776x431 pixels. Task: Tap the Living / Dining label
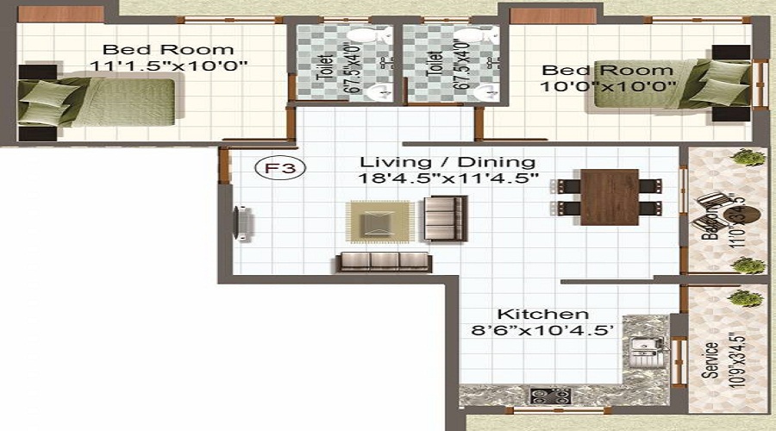447,162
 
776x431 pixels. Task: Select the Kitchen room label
543,315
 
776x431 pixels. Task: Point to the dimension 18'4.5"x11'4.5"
449,179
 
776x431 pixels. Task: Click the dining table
609,197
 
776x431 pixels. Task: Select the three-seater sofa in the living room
385,261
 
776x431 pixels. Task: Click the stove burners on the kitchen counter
550,397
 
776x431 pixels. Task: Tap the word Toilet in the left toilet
324,66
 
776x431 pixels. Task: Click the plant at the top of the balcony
748,158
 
